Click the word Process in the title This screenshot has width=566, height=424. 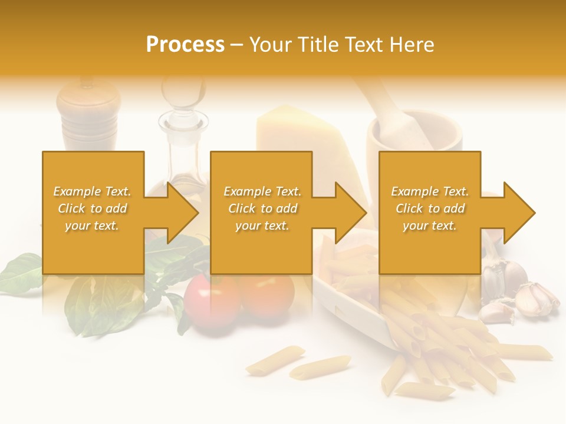(185, 45)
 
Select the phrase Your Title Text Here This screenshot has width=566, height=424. (341, 45)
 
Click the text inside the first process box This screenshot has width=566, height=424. (92, 208)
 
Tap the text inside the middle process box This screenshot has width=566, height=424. (262, 208)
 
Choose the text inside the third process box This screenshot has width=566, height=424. (430, 208)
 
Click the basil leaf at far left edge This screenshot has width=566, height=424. (21, 274)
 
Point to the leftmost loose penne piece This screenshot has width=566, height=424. (275, 360)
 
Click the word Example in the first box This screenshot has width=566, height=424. (77, 191)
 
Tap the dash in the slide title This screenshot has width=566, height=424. (236, 45)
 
